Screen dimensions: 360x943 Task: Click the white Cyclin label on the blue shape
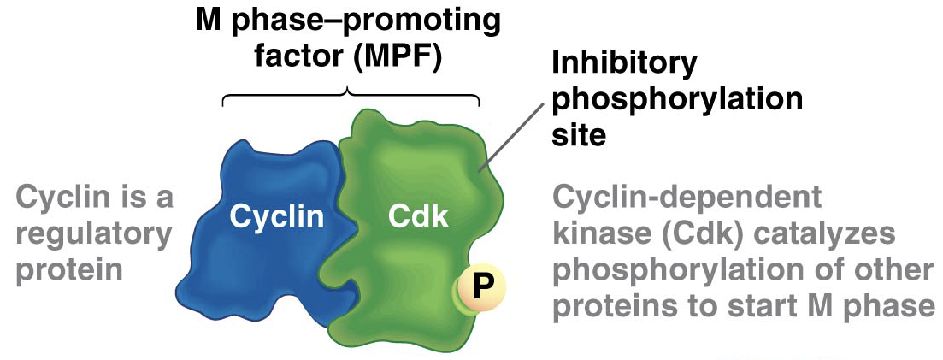pyautogui.click(x=276, y=216)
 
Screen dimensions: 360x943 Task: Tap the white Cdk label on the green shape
pyautogui.click(x=418, y=216)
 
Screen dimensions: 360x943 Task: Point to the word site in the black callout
pyautogui.click(x=579, y=136)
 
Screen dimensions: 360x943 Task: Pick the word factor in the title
pyautogui.click(x=296, y=61)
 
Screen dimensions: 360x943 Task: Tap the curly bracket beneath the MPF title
pyautogui.click(x=350, y=92)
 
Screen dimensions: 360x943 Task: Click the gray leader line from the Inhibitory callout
pyautogui.click(x=514, y=136)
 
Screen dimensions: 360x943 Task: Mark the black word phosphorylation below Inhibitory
pyautogui.click(x=678, y=99)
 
